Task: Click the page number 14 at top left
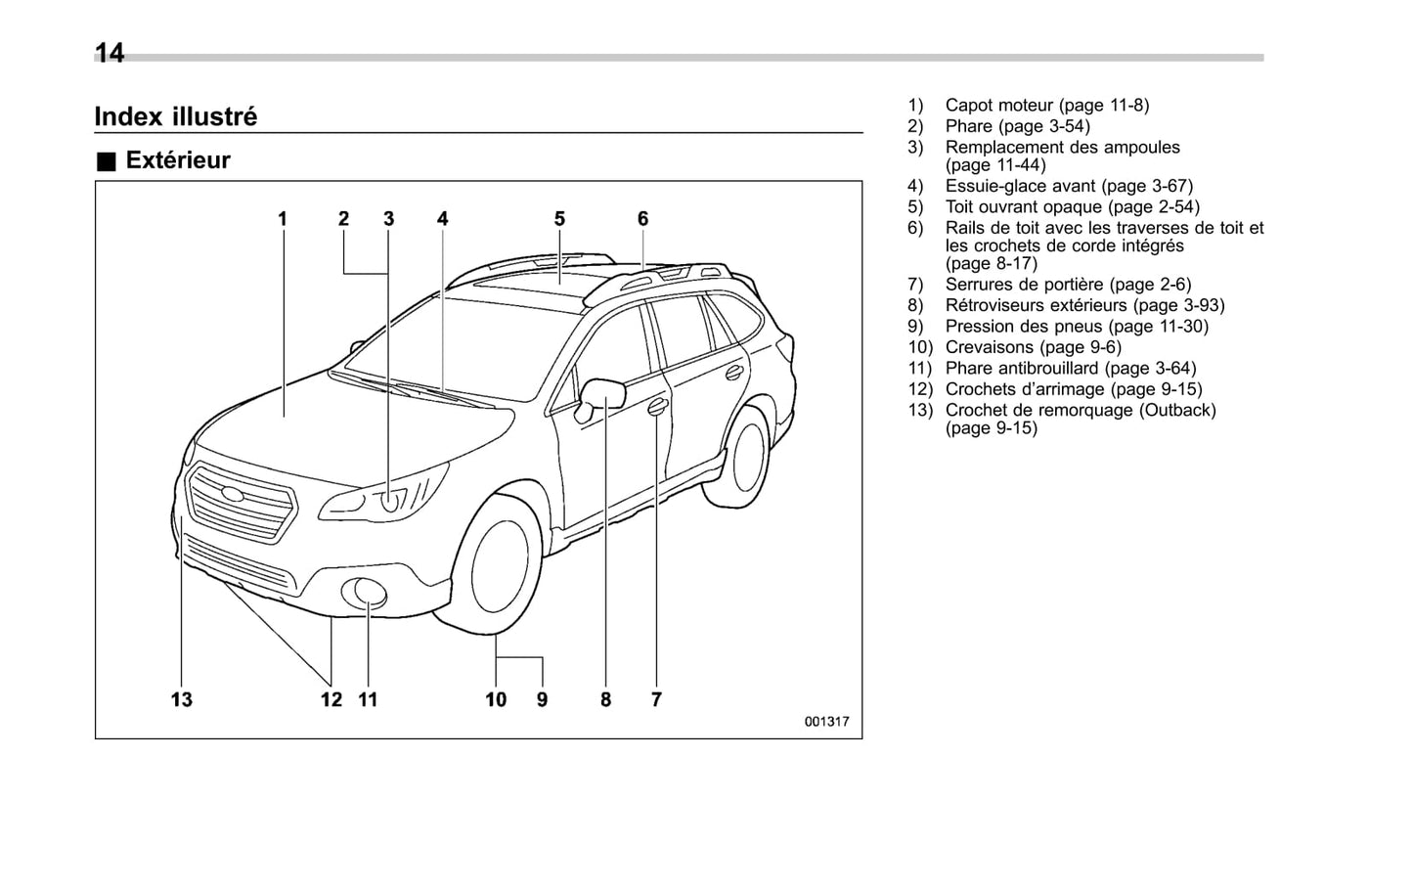110,53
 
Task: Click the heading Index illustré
176,116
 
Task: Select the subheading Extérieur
177,160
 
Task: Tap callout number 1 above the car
283,219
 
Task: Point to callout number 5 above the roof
559,219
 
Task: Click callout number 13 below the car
182,699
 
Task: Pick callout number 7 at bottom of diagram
656,699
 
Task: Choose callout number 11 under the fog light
368,699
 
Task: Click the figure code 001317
826,722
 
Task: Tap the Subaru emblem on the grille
232,494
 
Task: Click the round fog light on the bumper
370,593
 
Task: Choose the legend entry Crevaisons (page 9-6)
1033,347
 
